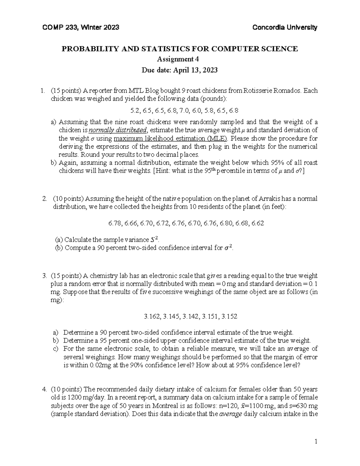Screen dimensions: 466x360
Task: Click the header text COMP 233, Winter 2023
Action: coord(81,28)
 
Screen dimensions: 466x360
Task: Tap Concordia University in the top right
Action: coord(285,28)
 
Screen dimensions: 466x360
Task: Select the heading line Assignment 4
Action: coord(180,59)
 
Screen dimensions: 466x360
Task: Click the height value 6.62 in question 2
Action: coord(258,223)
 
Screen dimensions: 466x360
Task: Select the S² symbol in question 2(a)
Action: coord(153,240)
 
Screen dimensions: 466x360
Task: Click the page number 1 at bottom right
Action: coord(316,441)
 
